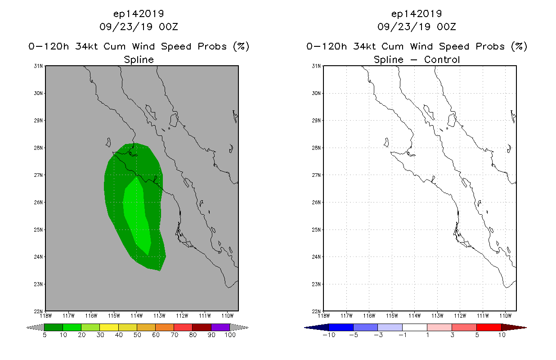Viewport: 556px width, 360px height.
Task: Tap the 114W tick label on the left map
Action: [x=136, y=315]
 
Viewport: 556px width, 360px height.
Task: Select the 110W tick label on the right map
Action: [x=505, y=315]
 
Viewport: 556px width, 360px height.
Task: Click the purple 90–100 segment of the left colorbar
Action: [x=220, y=327]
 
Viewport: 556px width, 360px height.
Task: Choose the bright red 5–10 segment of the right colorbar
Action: [x=489, y=327]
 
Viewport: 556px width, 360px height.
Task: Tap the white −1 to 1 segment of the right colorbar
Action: [x=415, y=327]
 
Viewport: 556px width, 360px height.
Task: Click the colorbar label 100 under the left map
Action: [x=230, y=335]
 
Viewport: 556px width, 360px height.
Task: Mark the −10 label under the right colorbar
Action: [x=328, y=335]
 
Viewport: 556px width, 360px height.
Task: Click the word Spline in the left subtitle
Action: [x=139, y=59]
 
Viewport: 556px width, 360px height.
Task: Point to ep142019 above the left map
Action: [x=139, y=13]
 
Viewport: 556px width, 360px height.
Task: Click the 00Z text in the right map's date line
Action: [x=446, y=27]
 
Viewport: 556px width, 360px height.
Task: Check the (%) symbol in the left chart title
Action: [x=241, y=46]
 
